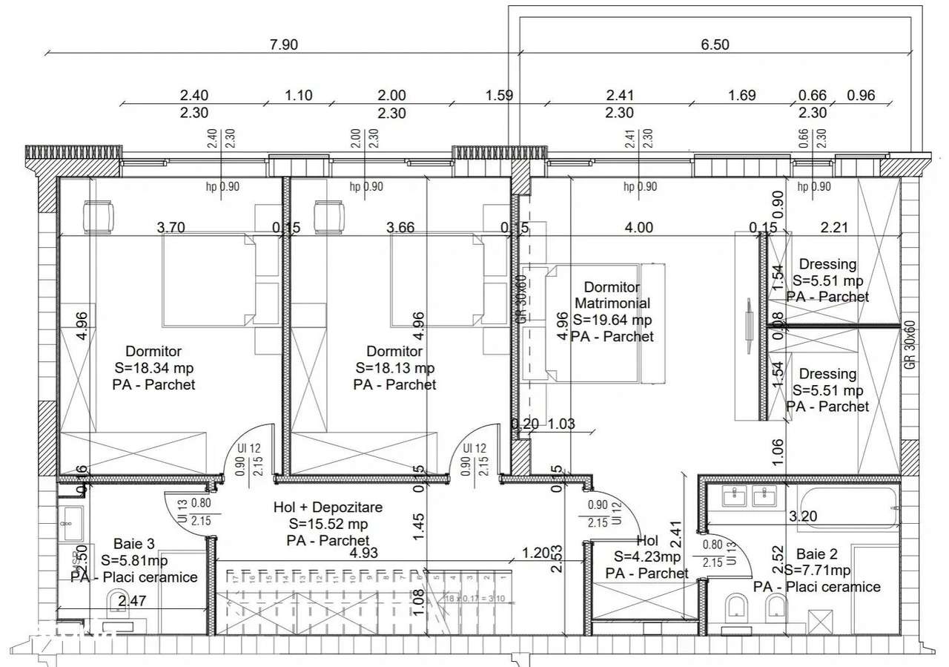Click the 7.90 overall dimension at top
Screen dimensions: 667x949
[284, 45]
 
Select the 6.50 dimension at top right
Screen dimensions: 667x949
[715, 45]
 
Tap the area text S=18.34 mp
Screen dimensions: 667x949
[154, 368]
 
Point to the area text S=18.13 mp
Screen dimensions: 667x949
[394, 368]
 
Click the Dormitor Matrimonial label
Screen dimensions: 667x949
[612, 295]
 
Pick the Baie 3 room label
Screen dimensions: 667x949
[133, 544]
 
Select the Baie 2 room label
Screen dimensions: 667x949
[816, 554]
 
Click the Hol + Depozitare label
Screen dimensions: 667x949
[328, 507]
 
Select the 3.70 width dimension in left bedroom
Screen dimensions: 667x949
[171, 228]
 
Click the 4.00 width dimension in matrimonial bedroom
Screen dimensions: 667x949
[638, 228]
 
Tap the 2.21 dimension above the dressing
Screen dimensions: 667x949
[836, 228]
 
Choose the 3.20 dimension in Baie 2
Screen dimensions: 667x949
[803, 516]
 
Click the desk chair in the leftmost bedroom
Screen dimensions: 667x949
[99, 217]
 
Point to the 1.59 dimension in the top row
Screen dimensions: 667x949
[499, 95]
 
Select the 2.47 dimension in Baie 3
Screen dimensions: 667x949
[132, 601]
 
